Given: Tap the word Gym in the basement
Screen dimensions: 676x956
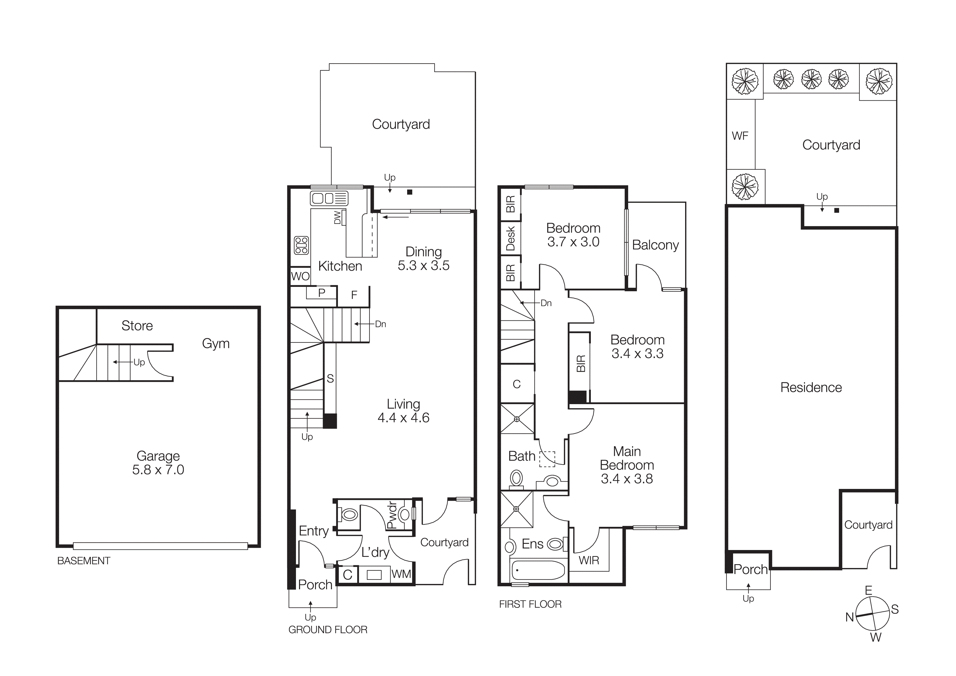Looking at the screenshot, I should [216, 344].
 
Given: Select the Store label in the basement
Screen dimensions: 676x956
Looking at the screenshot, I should [137, 326].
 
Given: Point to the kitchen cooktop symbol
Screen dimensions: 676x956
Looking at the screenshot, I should [301, 245].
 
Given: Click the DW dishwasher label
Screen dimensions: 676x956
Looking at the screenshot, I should [338, 217].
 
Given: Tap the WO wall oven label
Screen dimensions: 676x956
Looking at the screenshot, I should [300, 276].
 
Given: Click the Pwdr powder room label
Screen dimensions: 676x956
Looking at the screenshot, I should [392, 515].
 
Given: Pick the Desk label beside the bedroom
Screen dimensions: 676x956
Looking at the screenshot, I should [510, 239].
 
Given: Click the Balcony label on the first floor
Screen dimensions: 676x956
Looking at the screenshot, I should [655, 245].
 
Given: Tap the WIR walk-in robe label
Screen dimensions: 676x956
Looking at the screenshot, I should [589, 560].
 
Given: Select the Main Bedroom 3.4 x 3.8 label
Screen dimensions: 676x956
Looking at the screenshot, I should [627, 465].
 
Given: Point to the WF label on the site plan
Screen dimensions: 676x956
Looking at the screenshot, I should [740, 136].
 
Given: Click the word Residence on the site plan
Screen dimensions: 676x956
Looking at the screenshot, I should [811, 387].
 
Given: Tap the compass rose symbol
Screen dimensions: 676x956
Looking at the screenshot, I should [872, 614].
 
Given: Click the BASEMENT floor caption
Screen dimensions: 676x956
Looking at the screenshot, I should [84, 561].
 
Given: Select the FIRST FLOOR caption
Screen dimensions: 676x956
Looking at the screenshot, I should [530, 604].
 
